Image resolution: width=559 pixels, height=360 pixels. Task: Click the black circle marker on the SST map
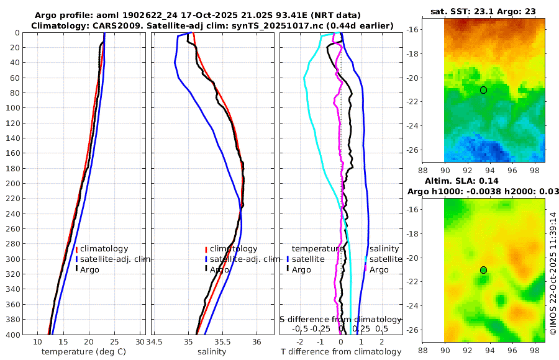(x=483, y=90)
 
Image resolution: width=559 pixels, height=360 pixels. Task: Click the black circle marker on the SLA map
(x=483, y=270)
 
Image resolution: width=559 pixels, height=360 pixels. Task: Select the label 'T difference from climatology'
(x=341, y=352)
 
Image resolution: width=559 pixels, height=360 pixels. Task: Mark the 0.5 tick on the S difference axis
(x=381, y=328)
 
